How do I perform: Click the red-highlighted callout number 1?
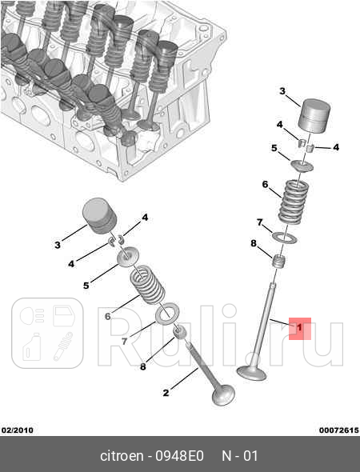tap(299, 327)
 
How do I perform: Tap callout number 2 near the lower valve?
tap(166, 393)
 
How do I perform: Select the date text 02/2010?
tap(17, 430)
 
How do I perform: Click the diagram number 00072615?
tap(339, 430)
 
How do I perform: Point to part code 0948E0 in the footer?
tap(179, 456)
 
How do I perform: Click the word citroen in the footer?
tap(122, 456)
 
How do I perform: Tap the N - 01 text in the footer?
tap(239, 456)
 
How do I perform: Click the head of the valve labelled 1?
tap(252, 373)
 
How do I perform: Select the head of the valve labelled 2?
tap(223, 395)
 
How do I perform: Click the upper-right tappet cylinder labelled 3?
tap(314, 115)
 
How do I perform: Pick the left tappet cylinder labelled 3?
tap(99, 215)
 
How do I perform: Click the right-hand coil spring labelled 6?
tap(294, 202)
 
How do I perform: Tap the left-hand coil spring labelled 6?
tap(147, 285)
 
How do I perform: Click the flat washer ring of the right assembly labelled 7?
tap(285, 238)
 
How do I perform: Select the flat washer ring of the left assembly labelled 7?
tap(167, 314)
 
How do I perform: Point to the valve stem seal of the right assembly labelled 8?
tap(279, 262)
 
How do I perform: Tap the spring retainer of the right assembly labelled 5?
tap(302, 166)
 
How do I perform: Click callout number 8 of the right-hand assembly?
tap(254, 243)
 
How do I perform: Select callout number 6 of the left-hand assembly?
tap(107, 316)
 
